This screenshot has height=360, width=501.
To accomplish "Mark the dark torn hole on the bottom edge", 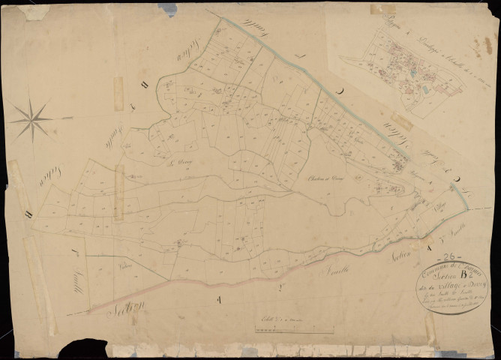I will pos(85,349).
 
